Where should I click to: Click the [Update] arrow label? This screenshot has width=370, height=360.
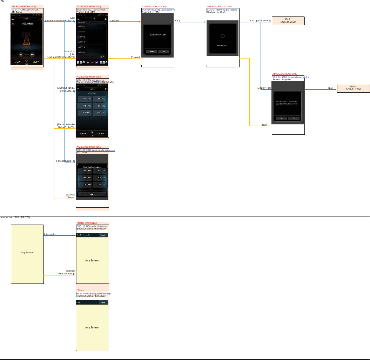(114, 21)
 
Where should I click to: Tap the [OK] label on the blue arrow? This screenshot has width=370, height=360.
(177, 21)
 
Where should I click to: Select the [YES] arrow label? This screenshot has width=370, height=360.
(330, 88)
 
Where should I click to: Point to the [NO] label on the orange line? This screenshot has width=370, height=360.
(264, 125)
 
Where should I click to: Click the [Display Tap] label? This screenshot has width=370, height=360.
(264, 88)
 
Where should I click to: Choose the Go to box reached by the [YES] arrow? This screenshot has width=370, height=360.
(353, 88)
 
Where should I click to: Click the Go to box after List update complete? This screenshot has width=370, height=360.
(288, 21)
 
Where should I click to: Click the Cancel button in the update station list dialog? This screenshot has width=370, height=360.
(152, 51)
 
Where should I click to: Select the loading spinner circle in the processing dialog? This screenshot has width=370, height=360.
(222, 35)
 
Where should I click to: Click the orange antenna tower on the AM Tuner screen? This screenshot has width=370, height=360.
(27, 39)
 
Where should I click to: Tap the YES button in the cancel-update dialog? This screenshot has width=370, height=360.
(294, 118)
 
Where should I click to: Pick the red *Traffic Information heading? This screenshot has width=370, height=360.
(87, 223)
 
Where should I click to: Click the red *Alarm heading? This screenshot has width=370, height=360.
(80, 291)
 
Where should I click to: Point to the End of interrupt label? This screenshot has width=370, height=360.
(67, 274)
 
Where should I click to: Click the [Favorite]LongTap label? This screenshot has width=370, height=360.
(65, 161)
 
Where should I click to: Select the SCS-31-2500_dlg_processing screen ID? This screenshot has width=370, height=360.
(222, 10)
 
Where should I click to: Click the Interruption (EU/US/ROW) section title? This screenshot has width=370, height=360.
(15, 218)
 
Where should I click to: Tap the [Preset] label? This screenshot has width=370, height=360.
(71, 198)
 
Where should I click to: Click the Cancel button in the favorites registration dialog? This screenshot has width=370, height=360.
(92, 194)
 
